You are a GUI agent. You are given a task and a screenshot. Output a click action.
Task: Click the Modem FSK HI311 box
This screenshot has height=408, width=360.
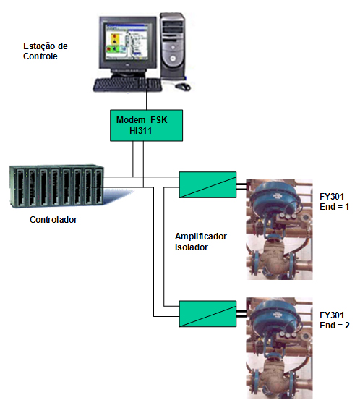click(x=146, y=125)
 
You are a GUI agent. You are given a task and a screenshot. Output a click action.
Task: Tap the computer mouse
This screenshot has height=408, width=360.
click(x=183, y=87)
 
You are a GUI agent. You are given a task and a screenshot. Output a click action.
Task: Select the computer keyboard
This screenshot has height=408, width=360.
click(x=127, y=85)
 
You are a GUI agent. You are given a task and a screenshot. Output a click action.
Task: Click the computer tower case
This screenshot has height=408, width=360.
click(x=173, y=46)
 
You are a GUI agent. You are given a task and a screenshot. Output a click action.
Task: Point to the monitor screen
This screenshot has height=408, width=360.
click(x=126, y=42)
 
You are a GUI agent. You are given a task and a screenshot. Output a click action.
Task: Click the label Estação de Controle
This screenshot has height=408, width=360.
click(x=46, y=51)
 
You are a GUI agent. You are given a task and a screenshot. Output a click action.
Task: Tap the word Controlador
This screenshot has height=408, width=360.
click(x=53, y=220)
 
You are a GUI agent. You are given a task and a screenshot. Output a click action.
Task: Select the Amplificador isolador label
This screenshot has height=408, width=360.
click(x=201, y=242)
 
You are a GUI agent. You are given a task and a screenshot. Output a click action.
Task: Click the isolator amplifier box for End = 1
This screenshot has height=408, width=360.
click(x=207, y=184)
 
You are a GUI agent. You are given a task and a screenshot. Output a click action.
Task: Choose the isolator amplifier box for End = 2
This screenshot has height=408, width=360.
click(x=207, y=314)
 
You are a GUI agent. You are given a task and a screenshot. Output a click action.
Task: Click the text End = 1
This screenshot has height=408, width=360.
click(x=334, y=207)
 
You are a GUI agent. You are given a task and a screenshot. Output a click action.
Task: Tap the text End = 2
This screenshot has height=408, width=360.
click(x=335, y=326)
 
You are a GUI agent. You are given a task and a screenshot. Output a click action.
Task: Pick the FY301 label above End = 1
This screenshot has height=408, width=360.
click(x=332, y=197)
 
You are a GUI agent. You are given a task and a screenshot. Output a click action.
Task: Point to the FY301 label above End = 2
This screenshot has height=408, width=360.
click(x=332, y=315)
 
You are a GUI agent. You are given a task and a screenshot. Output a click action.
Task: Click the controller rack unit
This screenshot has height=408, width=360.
click(x=56, y=186)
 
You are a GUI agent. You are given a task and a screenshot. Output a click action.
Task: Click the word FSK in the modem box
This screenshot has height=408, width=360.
click(x=159, y=120)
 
